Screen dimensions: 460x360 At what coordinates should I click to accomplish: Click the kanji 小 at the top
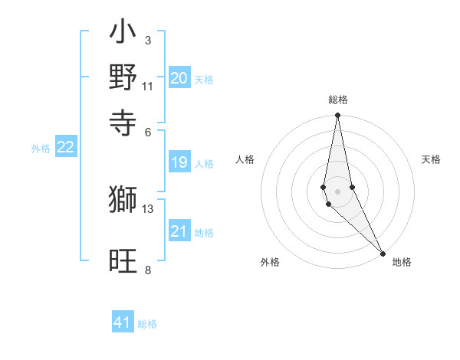(123, 34)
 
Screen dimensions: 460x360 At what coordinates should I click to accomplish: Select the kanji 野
(123, 77)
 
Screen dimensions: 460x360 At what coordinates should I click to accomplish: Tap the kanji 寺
(123, 120)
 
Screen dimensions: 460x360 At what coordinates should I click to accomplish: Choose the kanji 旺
(123, 262)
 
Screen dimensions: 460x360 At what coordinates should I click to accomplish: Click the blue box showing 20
(179, 78)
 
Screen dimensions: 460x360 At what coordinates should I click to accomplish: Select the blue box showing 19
(179, 162)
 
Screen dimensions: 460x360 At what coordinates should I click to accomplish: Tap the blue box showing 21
(179, 232)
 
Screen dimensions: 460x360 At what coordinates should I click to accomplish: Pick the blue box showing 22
(65, 147)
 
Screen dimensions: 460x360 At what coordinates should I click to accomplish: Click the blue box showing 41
(123, 322)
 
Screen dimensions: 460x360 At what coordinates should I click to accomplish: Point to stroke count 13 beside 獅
(148, 208)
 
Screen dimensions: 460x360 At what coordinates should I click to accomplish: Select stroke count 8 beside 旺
(148, 270)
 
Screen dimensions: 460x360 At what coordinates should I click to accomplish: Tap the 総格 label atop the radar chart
(338, 100)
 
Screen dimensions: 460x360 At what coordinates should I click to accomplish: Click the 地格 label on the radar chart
(402, 262)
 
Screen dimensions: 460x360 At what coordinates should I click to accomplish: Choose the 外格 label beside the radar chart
(270, 262)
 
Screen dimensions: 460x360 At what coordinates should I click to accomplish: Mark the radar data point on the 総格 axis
(337, 116)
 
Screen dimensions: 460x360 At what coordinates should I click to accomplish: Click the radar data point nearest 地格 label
(383, 253)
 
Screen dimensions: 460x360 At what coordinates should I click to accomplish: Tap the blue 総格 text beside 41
(147, 324)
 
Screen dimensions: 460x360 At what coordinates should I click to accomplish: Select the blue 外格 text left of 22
(41, 149)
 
